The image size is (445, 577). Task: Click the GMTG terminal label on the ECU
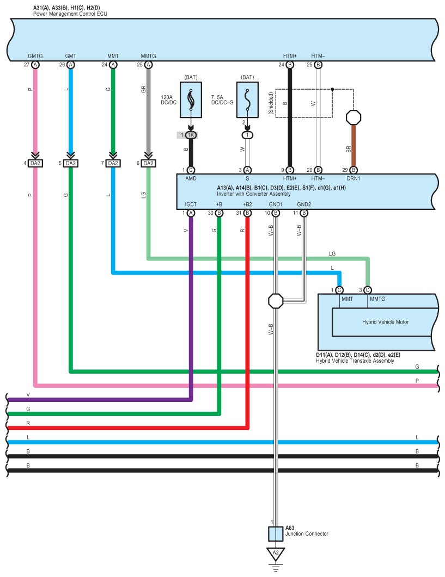tap(35, 56)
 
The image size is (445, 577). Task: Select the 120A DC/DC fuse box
tap(191, 100)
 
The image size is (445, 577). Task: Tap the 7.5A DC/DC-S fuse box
tap(247, 100)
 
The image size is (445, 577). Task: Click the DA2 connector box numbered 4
tap(35, 163)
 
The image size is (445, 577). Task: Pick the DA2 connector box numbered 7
tap(112, 163)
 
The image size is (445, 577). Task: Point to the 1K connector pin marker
tap(191, 135)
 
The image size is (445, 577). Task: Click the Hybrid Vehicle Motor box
tap(385, 322)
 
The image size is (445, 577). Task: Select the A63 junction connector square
tap(276, 534)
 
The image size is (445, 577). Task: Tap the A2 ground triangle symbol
tap(276, 554)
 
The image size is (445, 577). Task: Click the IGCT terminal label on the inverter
tap(191, 204)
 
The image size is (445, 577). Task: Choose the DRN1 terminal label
tap(353, 178)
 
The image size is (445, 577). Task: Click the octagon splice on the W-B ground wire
tap(276, 300)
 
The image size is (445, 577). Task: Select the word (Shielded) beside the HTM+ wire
tap(271, 102)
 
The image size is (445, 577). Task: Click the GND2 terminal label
tap(304, 204)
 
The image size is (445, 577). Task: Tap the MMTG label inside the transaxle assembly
tap(377, 299)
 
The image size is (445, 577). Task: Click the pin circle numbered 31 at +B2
tap(247, 213)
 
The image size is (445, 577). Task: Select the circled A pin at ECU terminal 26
tap(71, 65)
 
